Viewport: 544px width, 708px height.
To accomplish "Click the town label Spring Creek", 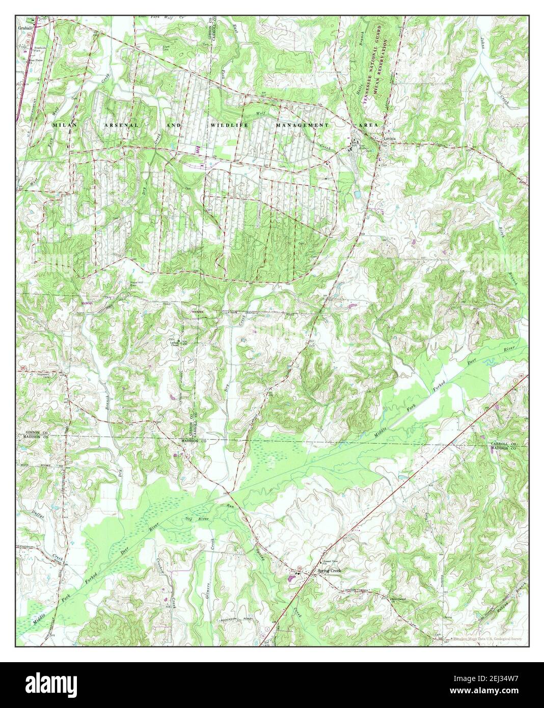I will (x=329, y=571).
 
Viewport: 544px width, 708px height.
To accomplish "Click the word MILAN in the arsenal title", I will (x=63, y=124).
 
